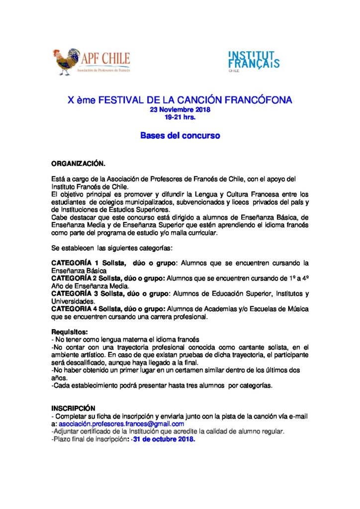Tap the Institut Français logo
click(253, 61)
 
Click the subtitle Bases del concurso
click(180, 135)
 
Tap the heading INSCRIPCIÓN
click(74, 408)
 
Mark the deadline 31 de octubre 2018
click(164, 439)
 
